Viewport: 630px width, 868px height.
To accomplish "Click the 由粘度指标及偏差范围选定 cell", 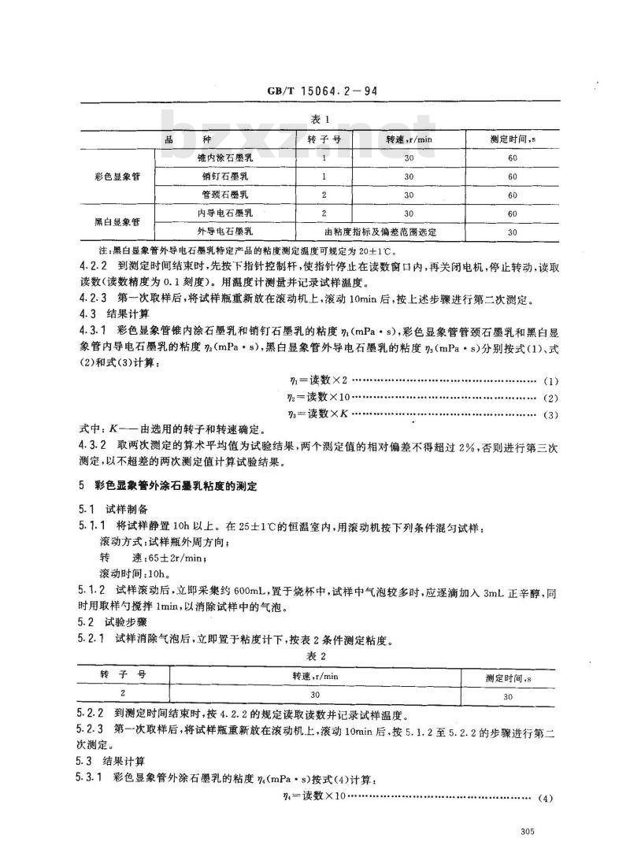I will click(380, 232).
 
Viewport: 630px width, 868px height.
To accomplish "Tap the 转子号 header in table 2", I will click(124, 675).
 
